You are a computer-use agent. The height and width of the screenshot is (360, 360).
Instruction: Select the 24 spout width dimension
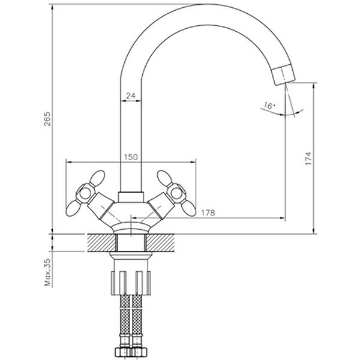(130, 95)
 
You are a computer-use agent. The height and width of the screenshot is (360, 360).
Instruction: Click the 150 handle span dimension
(130, 157)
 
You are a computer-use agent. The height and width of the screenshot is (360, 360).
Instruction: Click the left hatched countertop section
(101, 242)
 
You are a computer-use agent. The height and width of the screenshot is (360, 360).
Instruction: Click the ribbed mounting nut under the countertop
(130, 282)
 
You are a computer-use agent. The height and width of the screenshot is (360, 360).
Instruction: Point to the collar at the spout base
(130, 197)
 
